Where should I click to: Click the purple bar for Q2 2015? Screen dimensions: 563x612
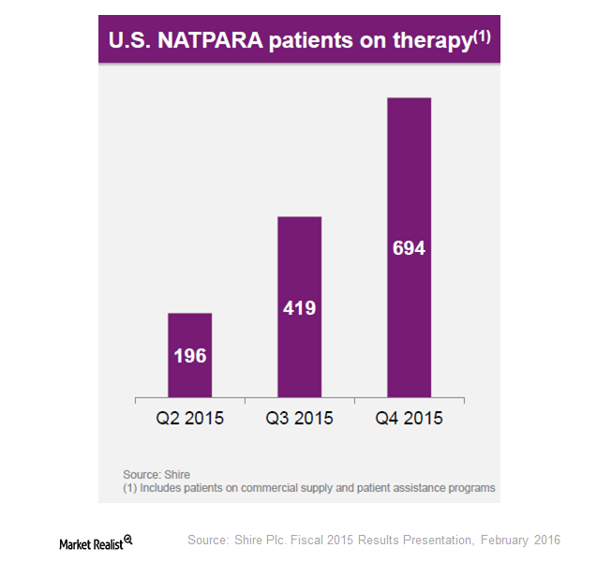tap(189, 354)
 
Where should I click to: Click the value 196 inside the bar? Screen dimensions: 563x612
tap(189, 356)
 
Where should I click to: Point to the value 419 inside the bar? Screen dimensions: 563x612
tap(299, 307)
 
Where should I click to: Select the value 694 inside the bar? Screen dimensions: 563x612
tap(409, 248)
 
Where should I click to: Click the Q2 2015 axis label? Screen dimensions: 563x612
tap(189, 418)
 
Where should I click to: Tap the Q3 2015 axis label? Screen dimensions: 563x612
tap(299, 418)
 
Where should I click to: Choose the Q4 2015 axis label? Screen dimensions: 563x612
tap(409, 418)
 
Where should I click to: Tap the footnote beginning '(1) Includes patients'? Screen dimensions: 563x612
tap(308, 488)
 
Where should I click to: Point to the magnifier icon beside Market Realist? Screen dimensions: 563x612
tap(128, 540)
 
